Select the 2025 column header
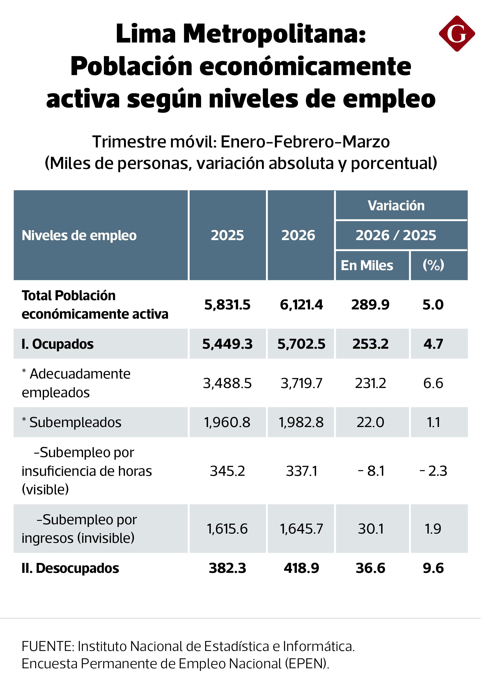228,235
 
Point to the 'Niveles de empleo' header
79,235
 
